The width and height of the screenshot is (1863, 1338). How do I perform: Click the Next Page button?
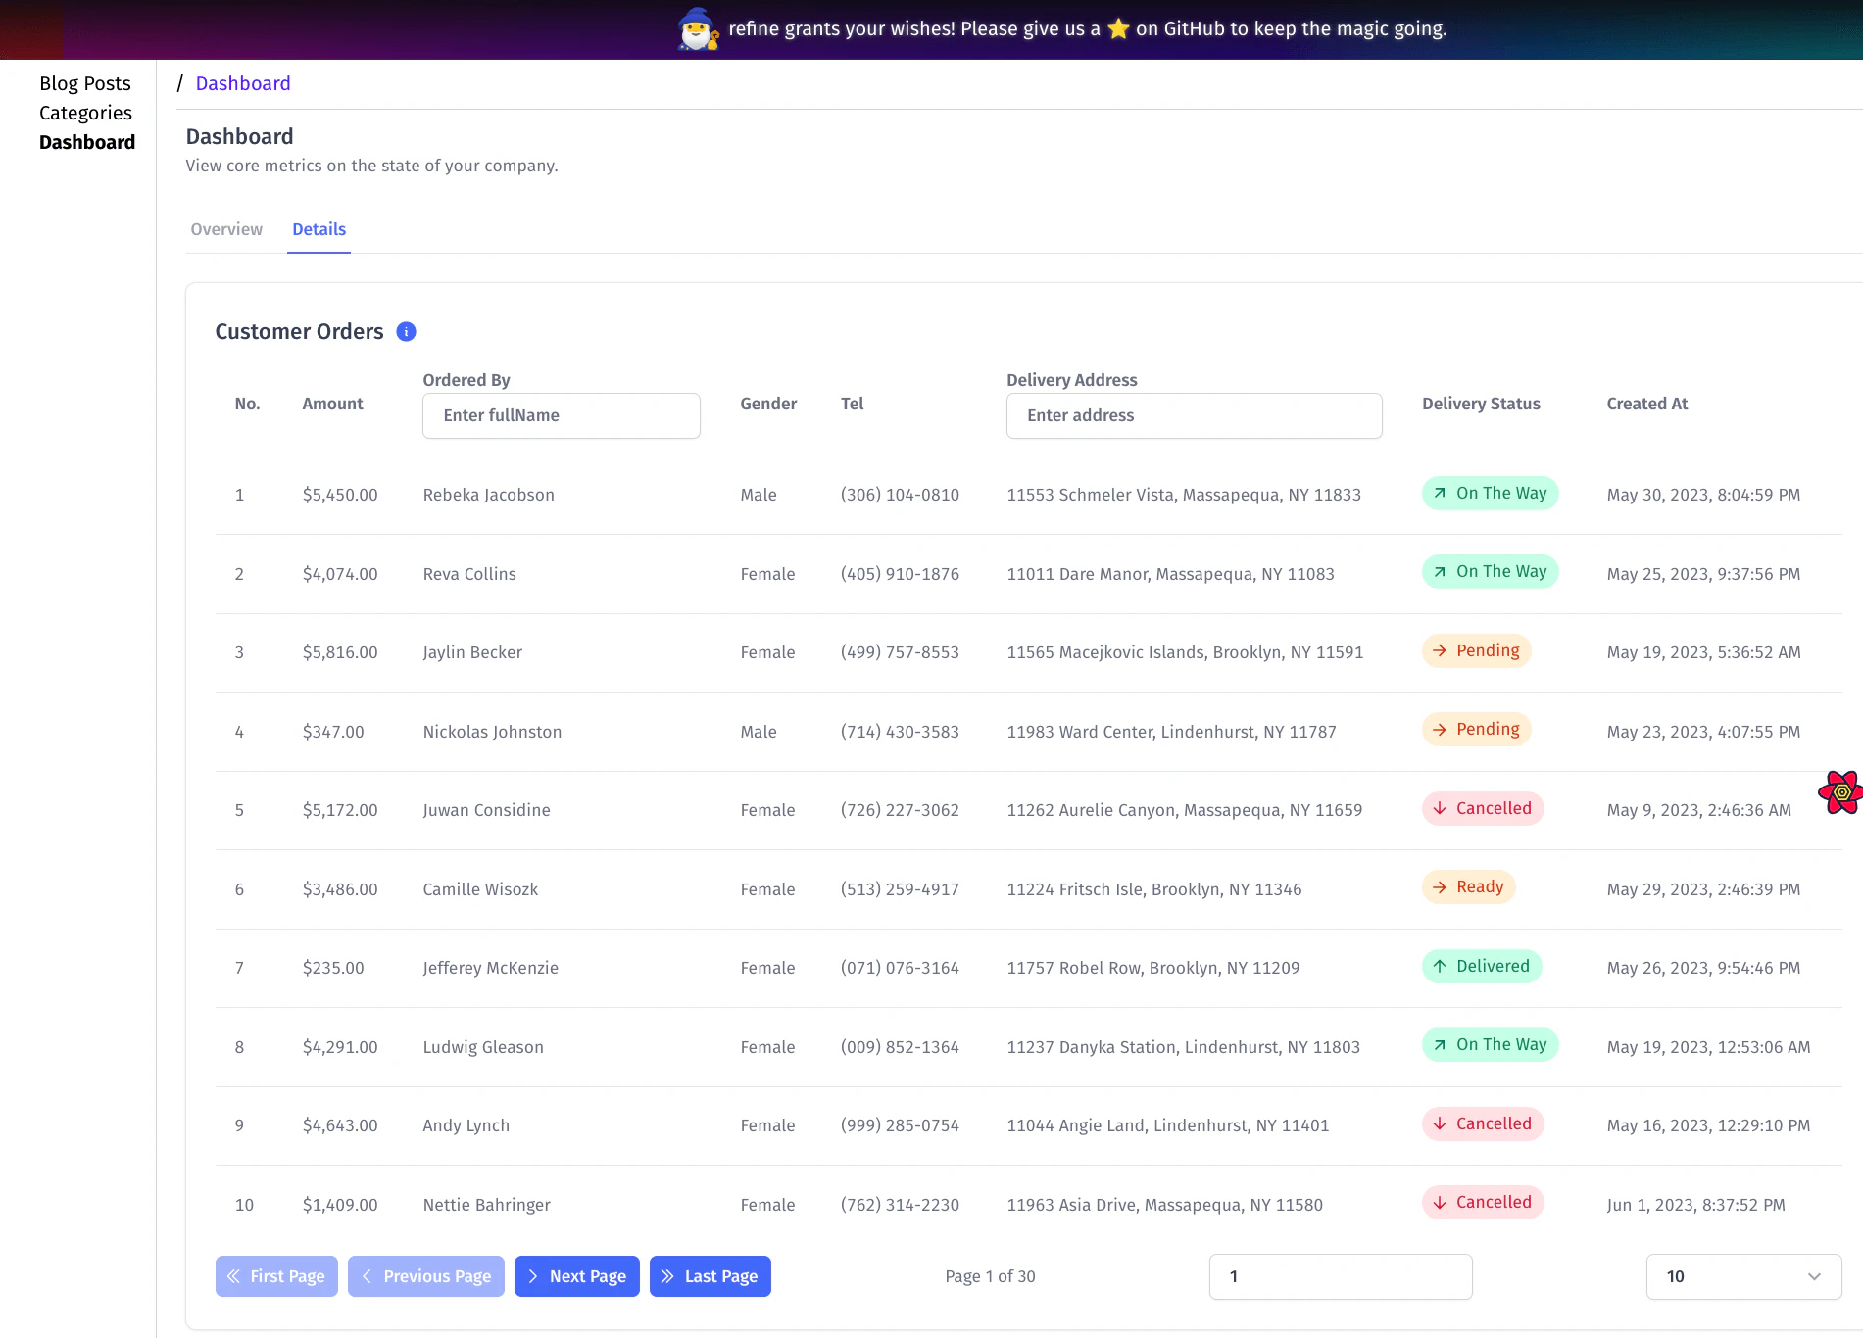coord(576,1276)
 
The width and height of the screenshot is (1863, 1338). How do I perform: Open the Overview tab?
coord(226,229)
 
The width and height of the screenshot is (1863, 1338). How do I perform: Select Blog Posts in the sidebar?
coord(85,83)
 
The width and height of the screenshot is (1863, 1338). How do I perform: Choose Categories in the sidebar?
coord(85,113)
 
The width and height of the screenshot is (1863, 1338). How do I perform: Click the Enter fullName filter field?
coord(561,415)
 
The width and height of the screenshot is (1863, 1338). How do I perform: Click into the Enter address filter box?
coord(1194,415)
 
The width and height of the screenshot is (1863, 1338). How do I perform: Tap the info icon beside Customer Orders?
coord(406,332)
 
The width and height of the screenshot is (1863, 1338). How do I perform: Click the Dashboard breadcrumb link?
coord(243,83)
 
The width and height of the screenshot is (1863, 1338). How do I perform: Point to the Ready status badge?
coord(1468,887)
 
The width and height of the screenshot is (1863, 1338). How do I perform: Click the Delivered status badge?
coord(1482,967)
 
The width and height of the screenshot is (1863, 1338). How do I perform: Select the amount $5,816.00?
coord(340,652)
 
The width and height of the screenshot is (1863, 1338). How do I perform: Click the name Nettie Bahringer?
coord(486,1205)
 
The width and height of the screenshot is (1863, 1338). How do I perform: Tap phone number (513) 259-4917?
coord(900,889)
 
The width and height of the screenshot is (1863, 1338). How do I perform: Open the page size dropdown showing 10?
coord(1743,1276)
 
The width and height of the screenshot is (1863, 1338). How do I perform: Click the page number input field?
coord(1340,1276)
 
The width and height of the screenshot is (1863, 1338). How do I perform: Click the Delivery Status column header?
coord(1481,404)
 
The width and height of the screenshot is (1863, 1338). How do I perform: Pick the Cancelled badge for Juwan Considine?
coord(1483,809)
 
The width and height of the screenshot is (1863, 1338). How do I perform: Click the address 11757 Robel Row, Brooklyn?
coord(1152,968)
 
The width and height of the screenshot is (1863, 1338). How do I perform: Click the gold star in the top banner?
coord(1118,29)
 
